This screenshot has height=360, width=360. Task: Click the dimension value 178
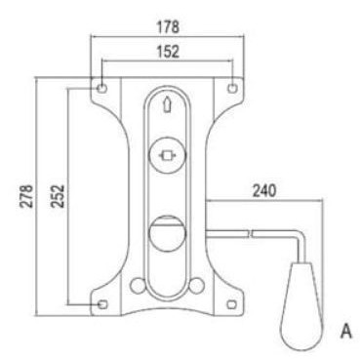[168, 27]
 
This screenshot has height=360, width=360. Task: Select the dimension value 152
[168, 52]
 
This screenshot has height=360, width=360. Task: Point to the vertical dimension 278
[26, 196]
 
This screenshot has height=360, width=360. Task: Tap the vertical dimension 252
[58, 196]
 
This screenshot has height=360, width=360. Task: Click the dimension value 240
[264, 191]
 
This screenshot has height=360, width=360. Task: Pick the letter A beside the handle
[345, 332]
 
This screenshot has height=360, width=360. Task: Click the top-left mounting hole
[101, 88]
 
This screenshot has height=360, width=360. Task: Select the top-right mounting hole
[232, 88]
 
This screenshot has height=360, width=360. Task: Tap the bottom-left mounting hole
[102, 304]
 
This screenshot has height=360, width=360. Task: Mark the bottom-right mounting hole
[232, 304]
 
